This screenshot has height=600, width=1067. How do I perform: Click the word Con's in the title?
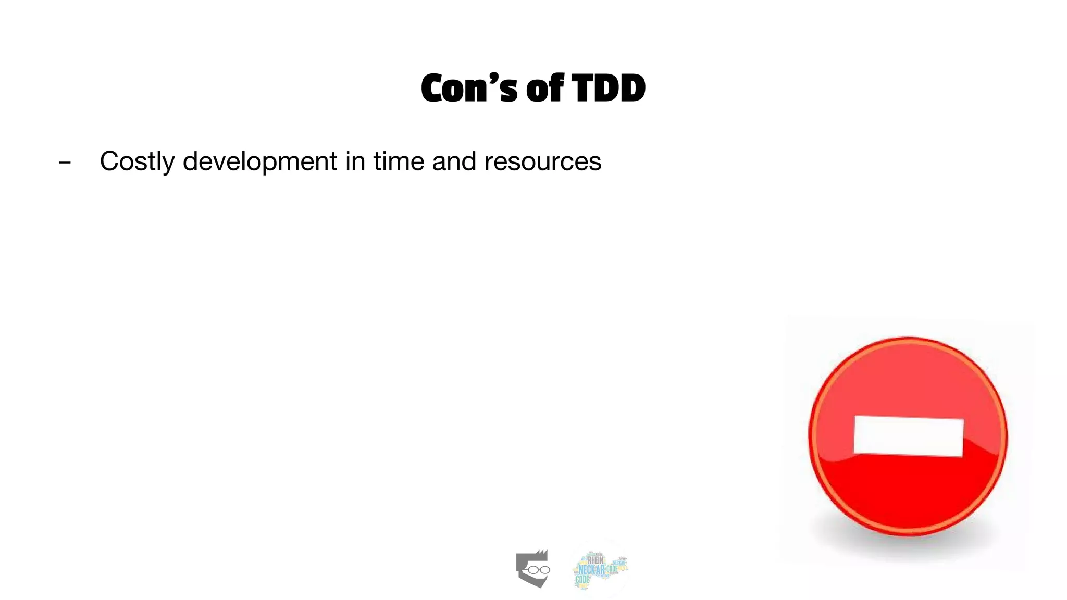pyautogui.click(x=469, y=89)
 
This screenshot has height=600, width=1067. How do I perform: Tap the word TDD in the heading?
pyautogui.click(x=609, y=89)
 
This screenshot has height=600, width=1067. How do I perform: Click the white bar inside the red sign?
pyautogui.click(x=908, y=436)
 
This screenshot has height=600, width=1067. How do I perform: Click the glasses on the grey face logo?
pyautogui.click(x=537, y=570)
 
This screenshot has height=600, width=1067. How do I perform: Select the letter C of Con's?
pyautogui.click(x=436, y=89)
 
